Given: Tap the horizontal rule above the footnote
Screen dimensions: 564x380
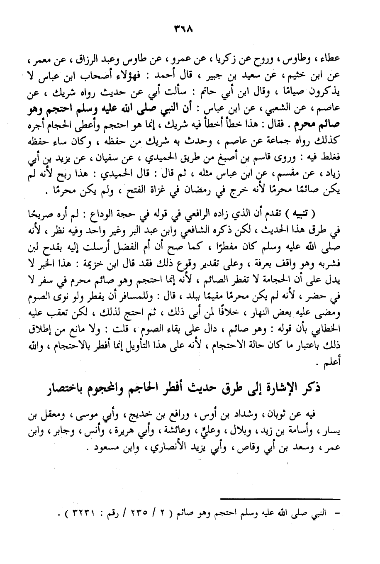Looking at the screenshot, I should (x=280, y=499).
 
